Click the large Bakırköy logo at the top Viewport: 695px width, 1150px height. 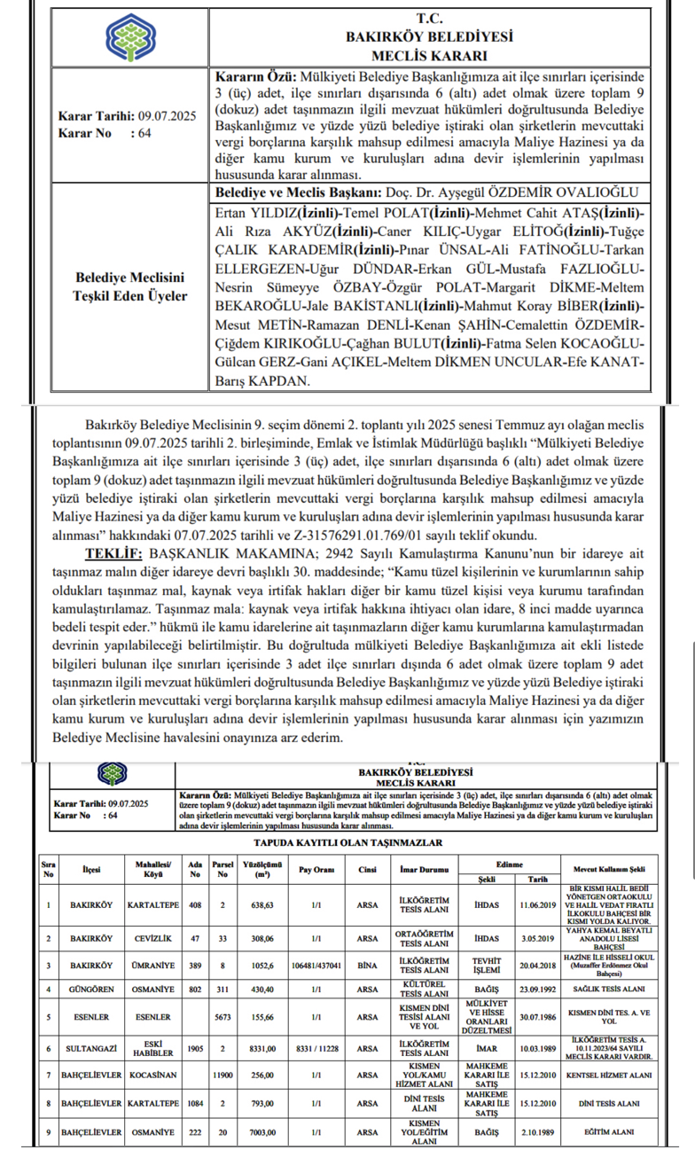[129, 38]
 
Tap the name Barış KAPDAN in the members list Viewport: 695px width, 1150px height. [262, 382]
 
